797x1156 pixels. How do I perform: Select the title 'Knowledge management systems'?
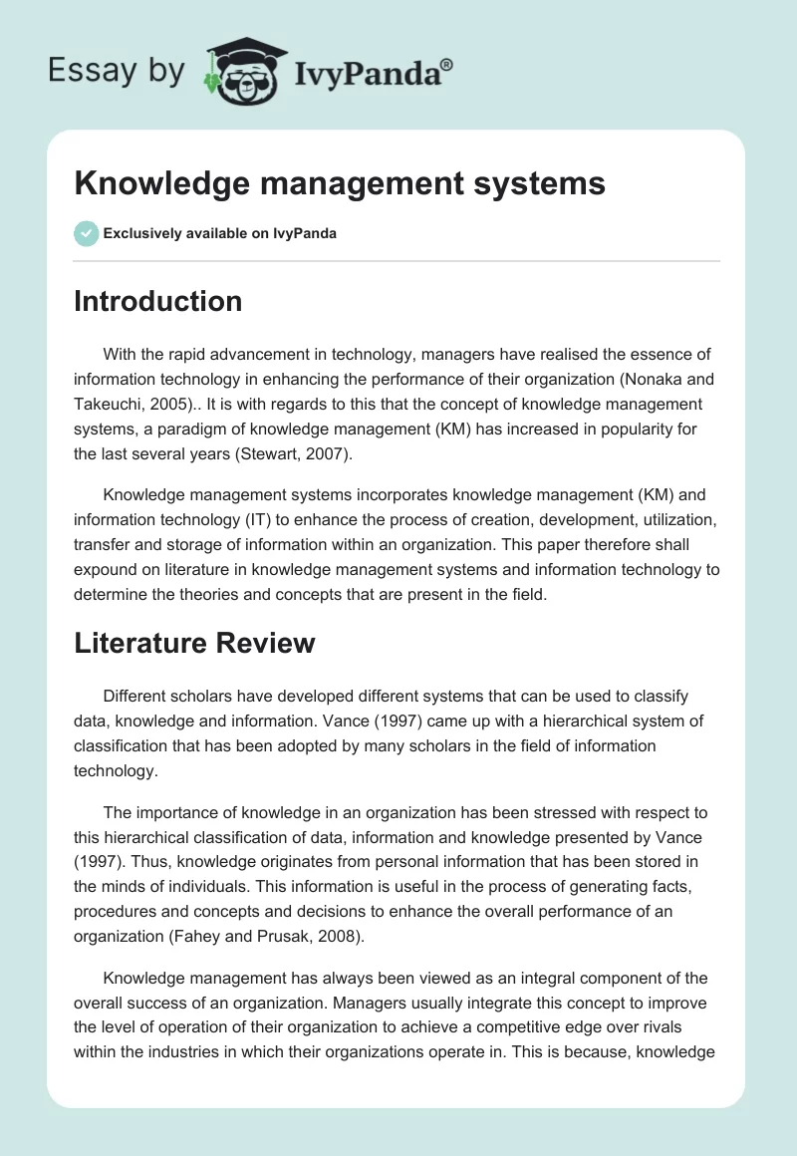(x=340, y=183)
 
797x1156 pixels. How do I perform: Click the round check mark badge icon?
(x=86, y=233)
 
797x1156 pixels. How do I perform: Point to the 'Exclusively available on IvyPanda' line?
(x=220, y=234)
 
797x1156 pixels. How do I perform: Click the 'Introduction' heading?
(x=157, y=301)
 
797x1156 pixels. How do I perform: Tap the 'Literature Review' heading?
(x=194, y=643)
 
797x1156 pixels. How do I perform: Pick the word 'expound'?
(x=106, y=571)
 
